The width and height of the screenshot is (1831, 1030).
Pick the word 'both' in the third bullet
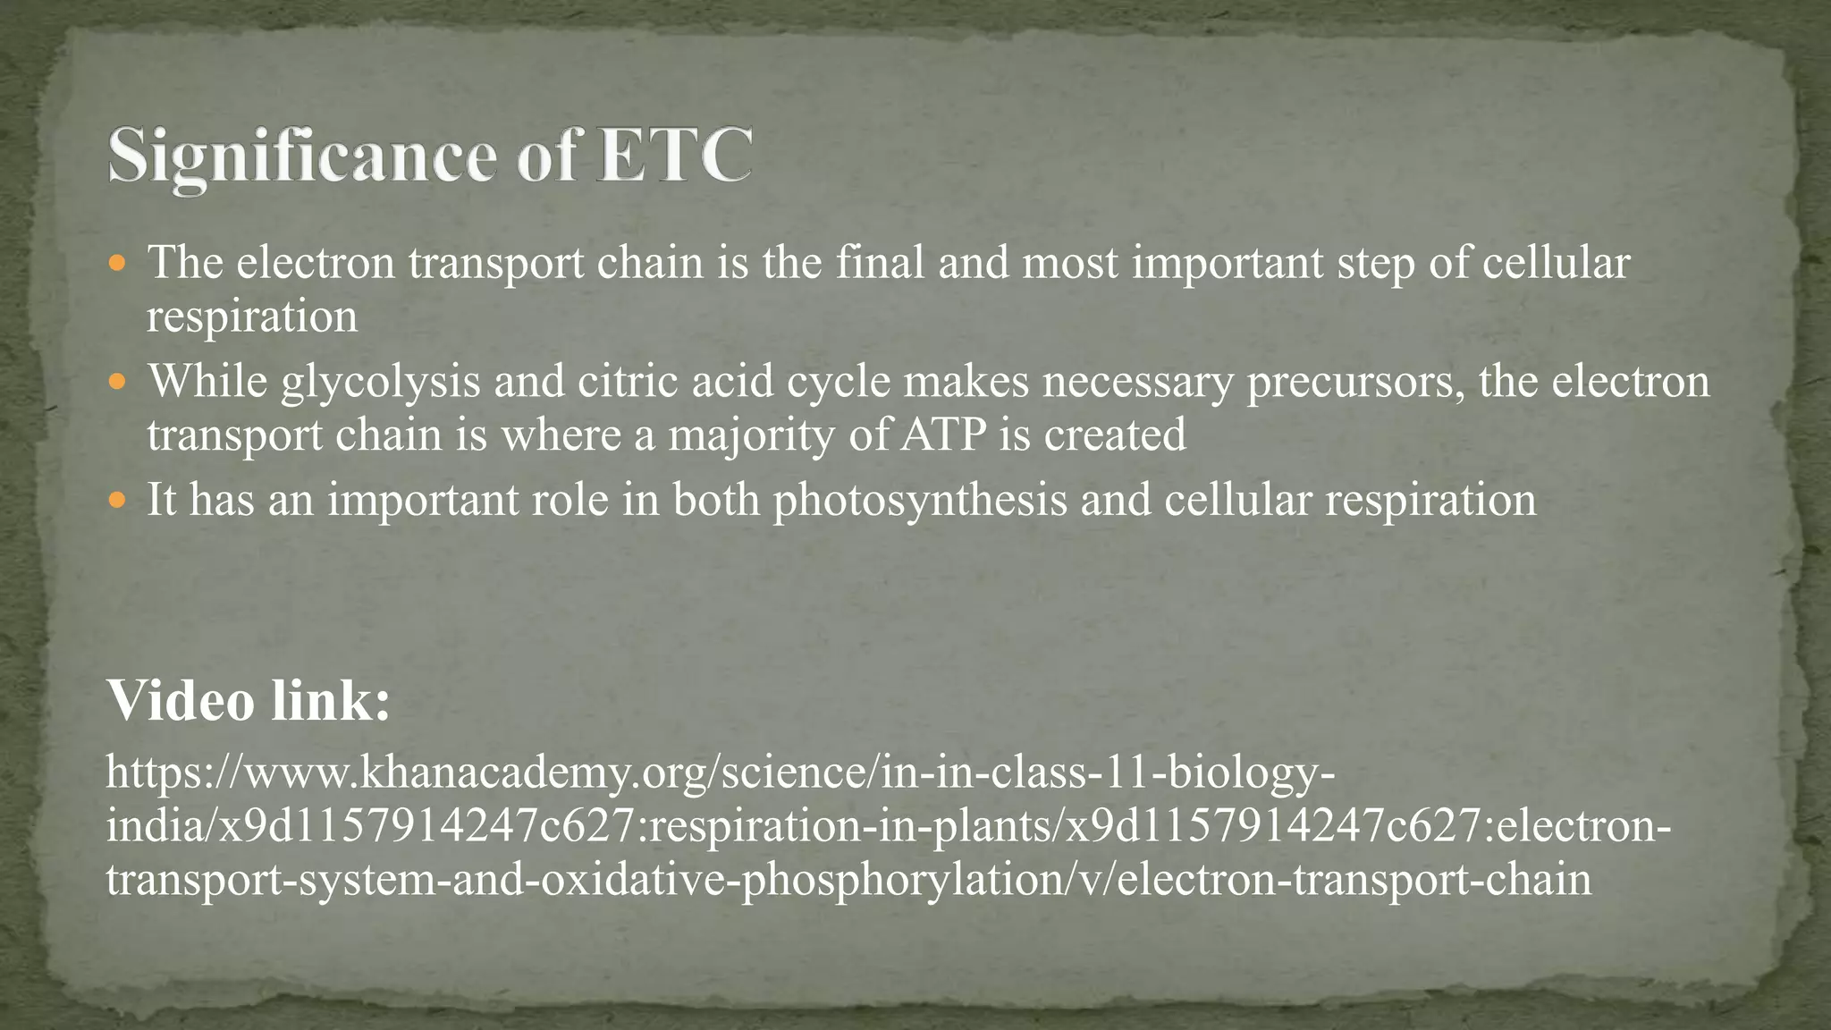[x=715, y=500]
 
